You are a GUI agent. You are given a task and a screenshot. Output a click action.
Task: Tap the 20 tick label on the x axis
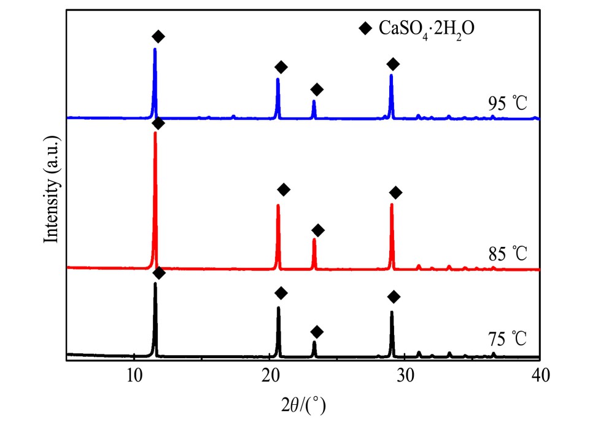click(270, 375)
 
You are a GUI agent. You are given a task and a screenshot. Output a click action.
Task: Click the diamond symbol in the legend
click(367, 28)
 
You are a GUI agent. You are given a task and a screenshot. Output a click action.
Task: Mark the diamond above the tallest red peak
click(158, 123)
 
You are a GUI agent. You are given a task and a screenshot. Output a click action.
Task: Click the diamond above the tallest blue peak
click(158, 37)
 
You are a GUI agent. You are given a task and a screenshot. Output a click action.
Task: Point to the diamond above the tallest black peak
click(158, 273)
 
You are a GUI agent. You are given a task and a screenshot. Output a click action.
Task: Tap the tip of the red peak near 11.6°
click(155, 133)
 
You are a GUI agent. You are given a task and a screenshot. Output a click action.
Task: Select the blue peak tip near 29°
click(391, 75)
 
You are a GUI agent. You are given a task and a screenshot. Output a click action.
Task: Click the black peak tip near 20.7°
click(279, 307)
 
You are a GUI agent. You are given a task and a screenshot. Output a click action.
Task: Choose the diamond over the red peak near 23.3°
click(318, 230)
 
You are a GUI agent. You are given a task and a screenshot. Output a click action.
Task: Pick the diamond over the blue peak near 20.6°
click(281, 67)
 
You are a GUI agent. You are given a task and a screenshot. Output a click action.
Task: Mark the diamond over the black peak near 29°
click(394, 297)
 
